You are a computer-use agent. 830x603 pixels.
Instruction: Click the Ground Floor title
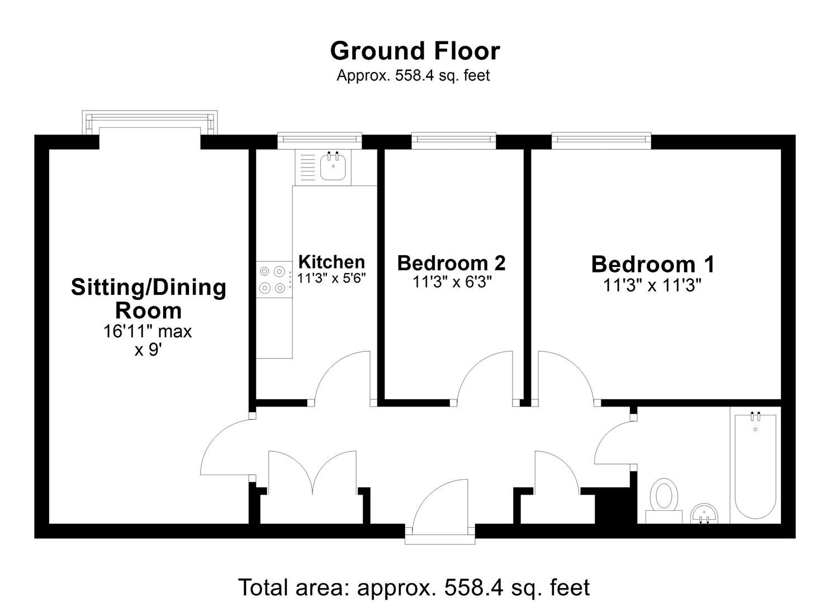point(415,51)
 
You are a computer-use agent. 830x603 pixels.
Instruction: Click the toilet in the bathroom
point(664,499)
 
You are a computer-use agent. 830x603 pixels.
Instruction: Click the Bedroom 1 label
point(652,264)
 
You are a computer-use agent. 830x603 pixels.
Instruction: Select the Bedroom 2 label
point(451,262)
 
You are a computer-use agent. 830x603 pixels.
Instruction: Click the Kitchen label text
point(331,261)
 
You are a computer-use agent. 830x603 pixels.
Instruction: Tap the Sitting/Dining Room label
point(149,299)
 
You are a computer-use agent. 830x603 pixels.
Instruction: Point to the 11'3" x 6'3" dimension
point(452,283)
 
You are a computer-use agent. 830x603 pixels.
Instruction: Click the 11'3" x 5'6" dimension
point(331,278)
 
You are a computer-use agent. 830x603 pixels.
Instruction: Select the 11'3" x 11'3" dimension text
point(652,286)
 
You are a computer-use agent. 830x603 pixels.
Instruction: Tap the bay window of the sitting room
point(149,122)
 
